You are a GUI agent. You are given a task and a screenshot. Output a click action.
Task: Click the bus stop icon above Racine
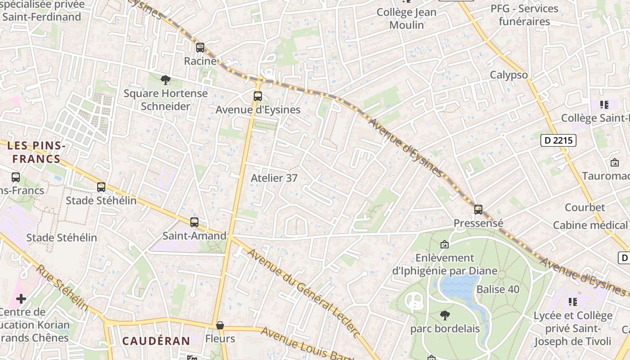(200, 47)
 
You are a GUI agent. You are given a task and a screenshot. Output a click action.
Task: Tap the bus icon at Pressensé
(478, 209)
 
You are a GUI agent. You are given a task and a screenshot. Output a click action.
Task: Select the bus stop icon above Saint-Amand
(194, 222)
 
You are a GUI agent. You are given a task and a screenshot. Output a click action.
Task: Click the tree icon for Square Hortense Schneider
(166, 80)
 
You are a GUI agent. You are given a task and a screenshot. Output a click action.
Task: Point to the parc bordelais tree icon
(445, 315)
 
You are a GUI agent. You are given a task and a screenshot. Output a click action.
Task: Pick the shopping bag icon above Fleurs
(220, 325)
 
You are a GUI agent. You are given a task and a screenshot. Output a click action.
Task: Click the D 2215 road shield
(558, 140)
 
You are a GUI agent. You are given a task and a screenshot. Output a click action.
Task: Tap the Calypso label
(508, 75)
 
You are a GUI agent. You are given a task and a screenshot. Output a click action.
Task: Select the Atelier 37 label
(274, 178)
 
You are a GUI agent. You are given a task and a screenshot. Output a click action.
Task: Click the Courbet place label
(585, 207)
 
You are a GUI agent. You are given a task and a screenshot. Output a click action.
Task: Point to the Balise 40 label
(498, 289)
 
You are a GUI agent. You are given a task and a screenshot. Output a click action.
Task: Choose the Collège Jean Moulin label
(406, 18)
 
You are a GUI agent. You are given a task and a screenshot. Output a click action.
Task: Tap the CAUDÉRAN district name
(156, 341)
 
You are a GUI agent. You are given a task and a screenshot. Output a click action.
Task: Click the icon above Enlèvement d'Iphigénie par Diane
(445, 244)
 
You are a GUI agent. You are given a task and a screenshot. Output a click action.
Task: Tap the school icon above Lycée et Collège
(572, 301)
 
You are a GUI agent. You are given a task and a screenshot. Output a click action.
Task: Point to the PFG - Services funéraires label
(524, 15)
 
